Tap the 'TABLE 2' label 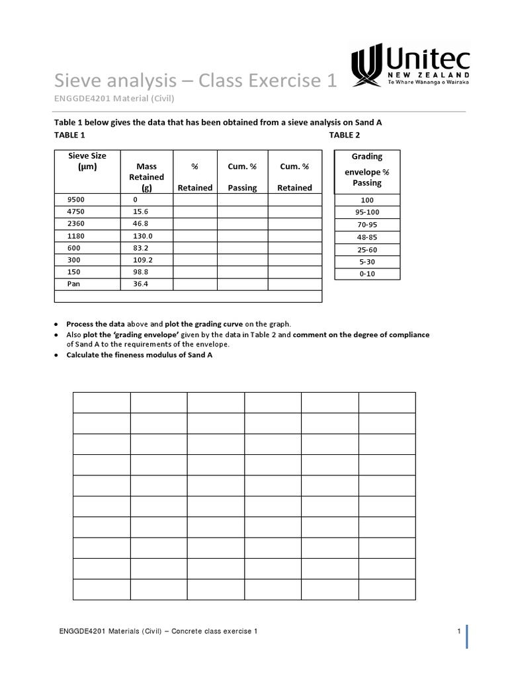[x=345, y=135]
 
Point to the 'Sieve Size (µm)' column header [x=87, y=161]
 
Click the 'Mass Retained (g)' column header [x=146, y=177]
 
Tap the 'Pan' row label [x=73, y=284]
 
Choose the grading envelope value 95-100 [x=367, y=213]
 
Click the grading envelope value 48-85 [x=367, y=237]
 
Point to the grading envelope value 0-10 [x=367, y=274]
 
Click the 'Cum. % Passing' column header [x=242, y=177]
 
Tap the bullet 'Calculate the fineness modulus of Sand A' [x=139, y=355]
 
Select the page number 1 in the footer [x=458, y=631]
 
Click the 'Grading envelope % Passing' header [x=367, y=169]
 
